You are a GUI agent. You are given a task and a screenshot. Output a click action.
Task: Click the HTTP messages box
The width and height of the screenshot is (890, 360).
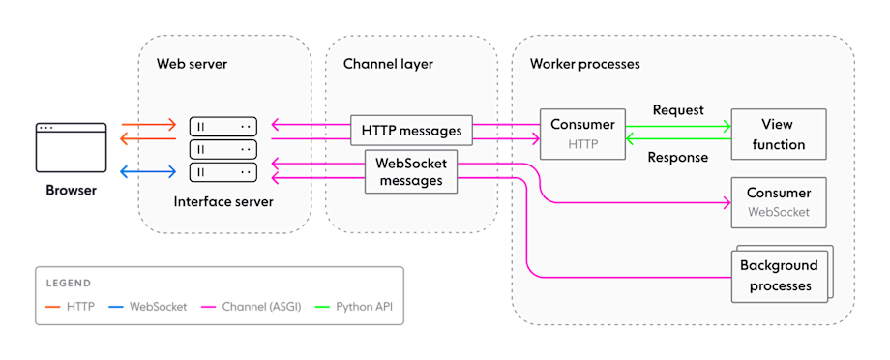pos(412,130)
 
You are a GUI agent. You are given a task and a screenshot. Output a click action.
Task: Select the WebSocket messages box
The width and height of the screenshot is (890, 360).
pos(410,171)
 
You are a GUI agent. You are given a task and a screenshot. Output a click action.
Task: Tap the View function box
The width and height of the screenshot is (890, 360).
pos(779,135)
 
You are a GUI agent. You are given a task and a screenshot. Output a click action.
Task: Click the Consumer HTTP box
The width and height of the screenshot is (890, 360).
pos(582,135)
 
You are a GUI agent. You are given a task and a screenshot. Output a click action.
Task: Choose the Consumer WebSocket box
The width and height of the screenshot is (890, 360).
pos(779,201)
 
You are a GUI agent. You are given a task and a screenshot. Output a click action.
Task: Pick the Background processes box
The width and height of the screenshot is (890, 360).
pos(778,274)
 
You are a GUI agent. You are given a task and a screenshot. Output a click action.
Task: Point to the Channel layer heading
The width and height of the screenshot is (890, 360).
pos(388,64)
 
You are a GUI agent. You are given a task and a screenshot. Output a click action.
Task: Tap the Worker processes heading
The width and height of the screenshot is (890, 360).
pos(584,64)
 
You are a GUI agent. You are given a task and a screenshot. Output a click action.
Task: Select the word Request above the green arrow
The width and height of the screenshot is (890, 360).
pos(678,110)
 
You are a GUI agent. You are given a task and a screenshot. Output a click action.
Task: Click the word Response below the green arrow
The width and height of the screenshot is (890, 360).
pos(678,157)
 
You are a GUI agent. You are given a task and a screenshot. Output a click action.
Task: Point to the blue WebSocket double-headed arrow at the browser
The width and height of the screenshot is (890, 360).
pos(147,172)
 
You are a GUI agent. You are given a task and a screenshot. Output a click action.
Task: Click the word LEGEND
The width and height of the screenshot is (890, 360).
pos(68,284)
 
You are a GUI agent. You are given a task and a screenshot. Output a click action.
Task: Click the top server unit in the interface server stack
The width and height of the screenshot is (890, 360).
pos(223,127)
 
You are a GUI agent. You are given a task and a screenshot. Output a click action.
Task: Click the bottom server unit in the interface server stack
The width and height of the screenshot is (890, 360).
pos(223,172)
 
